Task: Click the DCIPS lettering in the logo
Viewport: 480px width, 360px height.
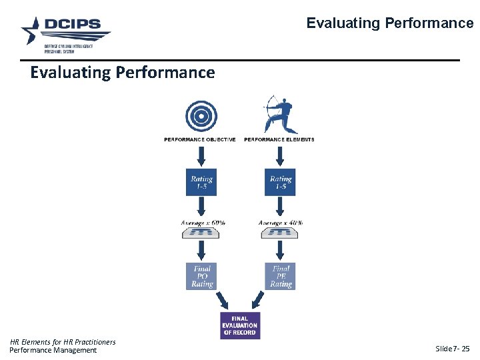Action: tap(73, 25)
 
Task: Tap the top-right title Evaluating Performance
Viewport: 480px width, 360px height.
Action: tap(389, 23)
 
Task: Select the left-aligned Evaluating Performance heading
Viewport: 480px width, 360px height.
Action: tap(123, 72)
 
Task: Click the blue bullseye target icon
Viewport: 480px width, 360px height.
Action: tap(200, 116)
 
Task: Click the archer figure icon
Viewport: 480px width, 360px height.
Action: tap(280, 114)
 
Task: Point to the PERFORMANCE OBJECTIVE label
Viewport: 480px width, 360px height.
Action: tap(200, 139)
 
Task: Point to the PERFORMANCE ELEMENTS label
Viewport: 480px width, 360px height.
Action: tap(279, 139)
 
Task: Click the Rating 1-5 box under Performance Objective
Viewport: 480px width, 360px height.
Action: tap(201, 182)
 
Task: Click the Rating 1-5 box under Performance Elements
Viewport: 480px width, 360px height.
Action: tap(281, 182)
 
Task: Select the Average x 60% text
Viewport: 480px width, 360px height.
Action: tap(203, 222)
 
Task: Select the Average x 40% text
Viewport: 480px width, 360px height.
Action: tap(281, 222)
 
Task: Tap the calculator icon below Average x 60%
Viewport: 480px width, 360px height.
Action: tap(201, 233)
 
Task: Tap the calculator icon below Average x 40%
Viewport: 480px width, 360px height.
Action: tap(279, 233)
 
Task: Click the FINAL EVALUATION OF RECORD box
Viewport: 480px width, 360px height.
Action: tap(240, 325)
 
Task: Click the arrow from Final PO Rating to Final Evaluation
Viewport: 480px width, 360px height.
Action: tap(223, 299)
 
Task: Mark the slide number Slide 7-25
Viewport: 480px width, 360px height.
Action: tap(452, 349)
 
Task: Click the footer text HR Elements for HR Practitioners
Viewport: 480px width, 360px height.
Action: tap(63, 342)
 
